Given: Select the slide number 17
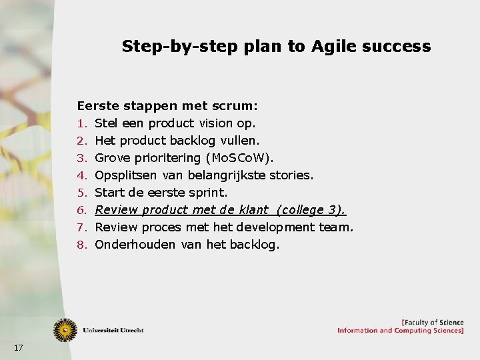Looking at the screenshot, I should (18, 347).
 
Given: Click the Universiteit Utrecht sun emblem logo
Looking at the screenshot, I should (65, 330).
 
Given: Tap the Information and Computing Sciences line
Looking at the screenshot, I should (400, 331).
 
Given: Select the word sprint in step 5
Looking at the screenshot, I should (208, 193).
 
